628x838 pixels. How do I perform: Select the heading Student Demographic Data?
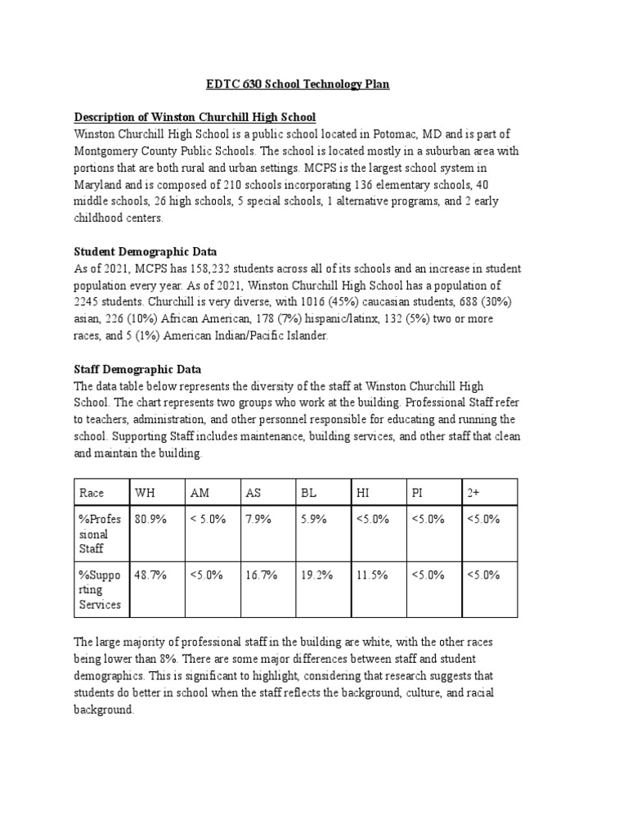(146, 251)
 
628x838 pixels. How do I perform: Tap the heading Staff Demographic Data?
(137, 369)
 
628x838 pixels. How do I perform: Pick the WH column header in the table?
(146, 493)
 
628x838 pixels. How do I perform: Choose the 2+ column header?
(473, 493)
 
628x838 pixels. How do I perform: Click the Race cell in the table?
(92, 493)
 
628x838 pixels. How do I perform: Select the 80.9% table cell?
(150, 519)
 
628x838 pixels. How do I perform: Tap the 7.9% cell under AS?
(257, 519)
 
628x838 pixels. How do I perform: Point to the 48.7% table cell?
(150, 574)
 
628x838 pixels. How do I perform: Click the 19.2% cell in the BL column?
(316, 574)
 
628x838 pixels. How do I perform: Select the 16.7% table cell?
(261, 574)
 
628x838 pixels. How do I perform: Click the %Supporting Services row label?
(100, 589)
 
